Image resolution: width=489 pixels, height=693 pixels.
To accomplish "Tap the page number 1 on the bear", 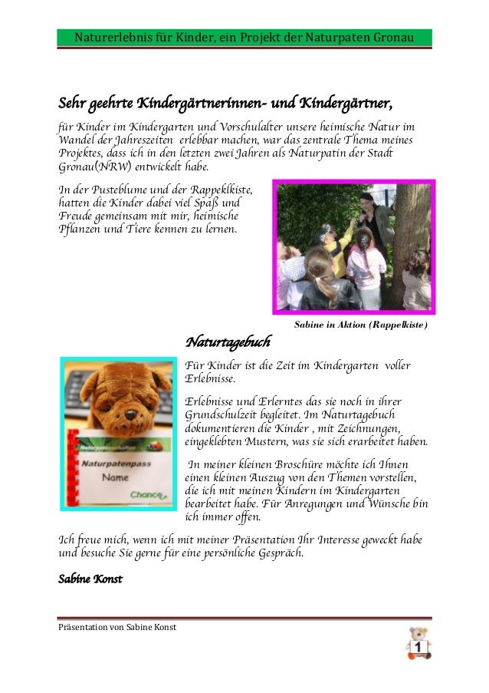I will pyautogui.click(x=418, y=648).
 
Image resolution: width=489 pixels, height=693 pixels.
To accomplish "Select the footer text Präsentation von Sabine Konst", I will pyautogui.click(x=117, y=627).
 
